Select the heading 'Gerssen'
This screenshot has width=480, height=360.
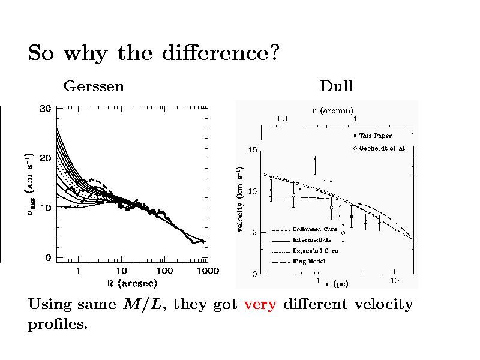click(x=94, y=86)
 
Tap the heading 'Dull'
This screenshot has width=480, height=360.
click(x=336, y=86)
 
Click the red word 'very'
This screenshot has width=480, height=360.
click(x=260, y=305)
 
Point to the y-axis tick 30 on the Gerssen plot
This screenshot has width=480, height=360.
click(x=45, y=109)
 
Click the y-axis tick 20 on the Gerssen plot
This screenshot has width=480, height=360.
click(x=45, y=158)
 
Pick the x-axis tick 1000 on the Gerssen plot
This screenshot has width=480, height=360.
click(x=208, y=271)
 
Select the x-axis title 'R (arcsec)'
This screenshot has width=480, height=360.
click(x=128, y=282)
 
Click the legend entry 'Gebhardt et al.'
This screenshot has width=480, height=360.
click(x=382, y=148)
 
